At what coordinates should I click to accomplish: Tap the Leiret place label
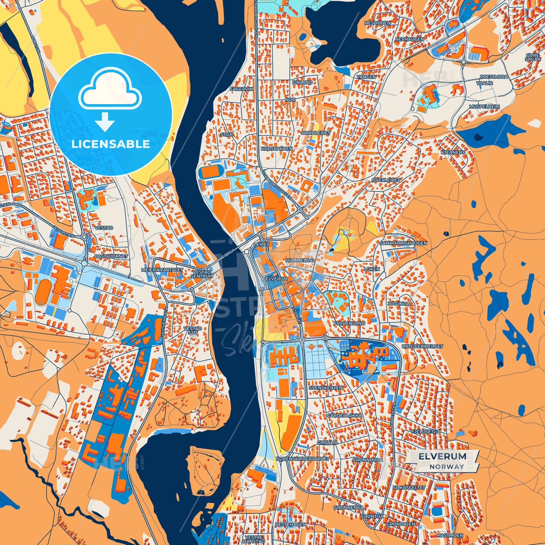pos(262,244)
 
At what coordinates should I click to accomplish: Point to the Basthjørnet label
pos(111,256)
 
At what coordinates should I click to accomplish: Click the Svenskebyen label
pos(325,388)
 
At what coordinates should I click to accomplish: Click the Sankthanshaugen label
pos(403,243)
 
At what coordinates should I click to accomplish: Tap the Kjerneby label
pos(453,152)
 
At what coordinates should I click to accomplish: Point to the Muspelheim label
pos(484,107)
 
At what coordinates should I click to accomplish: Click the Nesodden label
pos(377,23)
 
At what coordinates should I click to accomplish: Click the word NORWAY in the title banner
pos(447,467)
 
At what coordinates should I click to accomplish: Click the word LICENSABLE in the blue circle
pos(111,144)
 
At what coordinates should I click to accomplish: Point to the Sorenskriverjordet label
pos(303,459)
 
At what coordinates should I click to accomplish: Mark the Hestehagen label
pos(290,525)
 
